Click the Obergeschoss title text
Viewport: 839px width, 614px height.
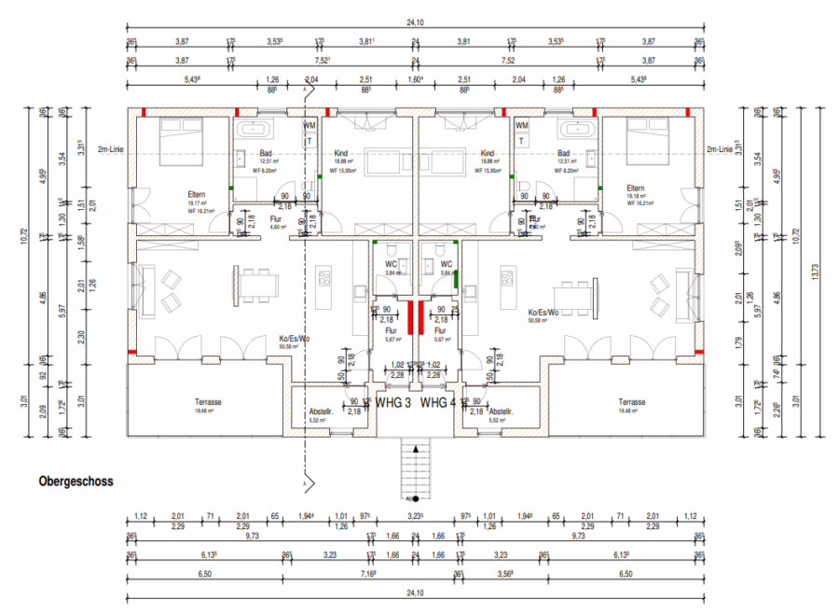tap(76, 482)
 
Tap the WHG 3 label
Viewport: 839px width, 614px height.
tap(392, 403)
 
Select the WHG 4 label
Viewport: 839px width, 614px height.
tap(438, 403)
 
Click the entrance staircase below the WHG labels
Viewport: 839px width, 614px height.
tap(414, 466)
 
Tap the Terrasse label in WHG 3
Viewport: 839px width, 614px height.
tap(208, 402)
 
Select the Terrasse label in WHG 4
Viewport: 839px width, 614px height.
tap(631, 402)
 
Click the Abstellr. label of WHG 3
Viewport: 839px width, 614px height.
tap(323, 412)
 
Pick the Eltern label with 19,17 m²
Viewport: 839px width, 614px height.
tap(196, 194)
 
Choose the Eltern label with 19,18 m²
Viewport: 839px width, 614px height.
tap(636, 188)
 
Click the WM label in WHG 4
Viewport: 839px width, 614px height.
tap(522, 125)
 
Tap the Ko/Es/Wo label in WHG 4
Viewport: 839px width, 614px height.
tap(543, 313)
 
